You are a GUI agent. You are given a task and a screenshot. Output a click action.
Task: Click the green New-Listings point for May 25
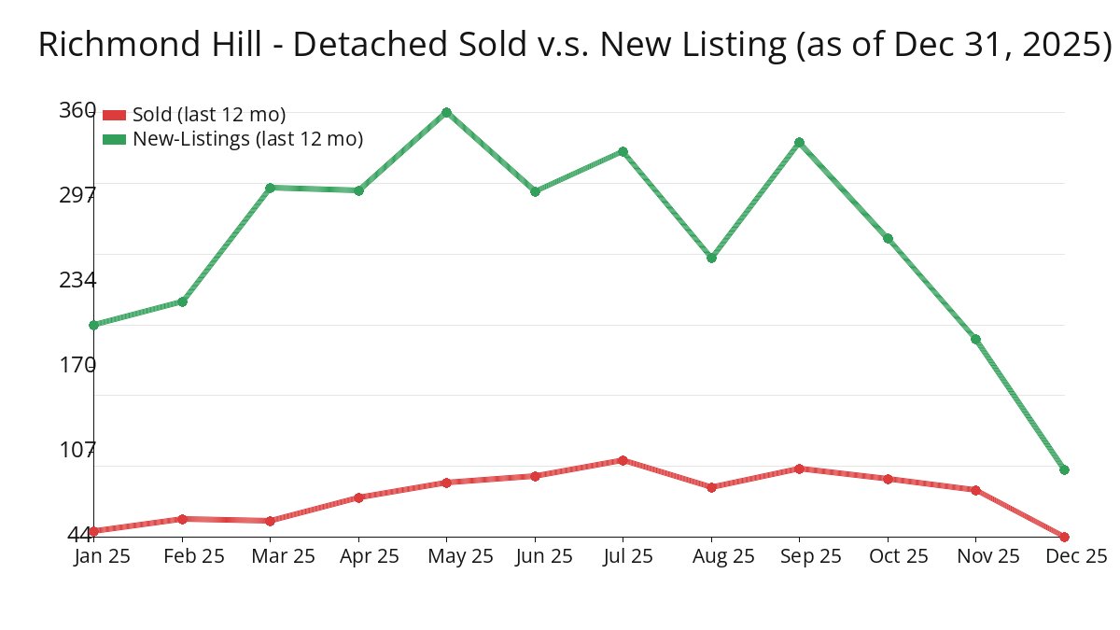[x=446, y=112]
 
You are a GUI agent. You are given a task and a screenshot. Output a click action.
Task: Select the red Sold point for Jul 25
[x=623, y=460]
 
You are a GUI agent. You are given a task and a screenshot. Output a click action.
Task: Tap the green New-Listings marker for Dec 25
[x=1064, y=469]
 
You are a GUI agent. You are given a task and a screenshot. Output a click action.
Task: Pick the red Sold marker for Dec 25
[x=1064, y=537]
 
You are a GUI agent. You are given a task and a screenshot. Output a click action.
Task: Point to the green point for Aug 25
[x=711, y=258]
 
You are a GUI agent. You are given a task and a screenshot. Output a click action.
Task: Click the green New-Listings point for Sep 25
[x=799, y=142]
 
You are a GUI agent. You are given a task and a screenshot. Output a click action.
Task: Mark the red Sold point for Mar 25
[x=270, y=521]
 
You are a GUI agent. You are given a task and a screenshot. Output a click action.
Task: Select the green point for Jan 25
[x=93, y=325]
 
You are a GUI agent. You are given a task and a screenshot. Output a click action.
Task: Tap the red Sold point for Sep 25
[x=799, y=469]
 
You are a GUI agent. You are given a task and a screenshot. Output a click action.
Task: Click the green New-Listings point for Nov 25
[x=975, y=339]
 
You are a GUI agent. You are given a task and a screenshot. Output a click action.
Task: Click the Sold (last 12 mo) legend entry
[x=208, y=115]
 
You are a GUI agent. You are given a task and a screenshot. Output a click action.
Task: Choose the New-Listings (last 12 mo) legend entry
[x=247, y=139]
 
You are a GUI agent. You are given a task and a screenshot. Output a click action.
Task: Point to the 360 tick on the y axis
[x=77, y=110]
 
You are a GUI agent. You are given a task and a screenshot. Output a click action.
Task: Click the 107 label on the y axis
[x=77, y=450]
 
